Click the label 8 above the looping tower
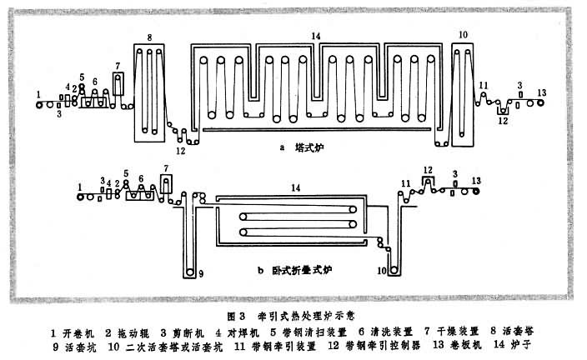pos(148,37)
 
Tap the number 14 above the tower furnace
pos(315,36)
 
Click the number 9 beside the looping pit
pos(200,273)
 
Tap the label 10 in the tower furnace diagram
pos(463,36)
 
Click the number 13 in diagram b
pos(476,180)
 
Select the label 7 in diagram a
pos(118,65)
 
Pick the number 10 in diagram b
pos(381,271)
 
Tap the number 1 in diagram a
pos(39,92)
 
